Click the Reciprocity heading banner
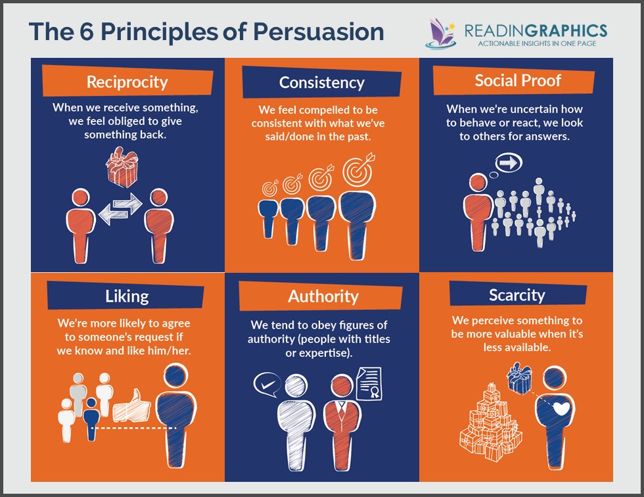[x=127, y=82]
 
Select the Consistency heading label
[x=321, y=83]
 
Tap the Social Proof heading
[x=517, y=80]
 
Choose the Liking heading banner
[x=127, y=296]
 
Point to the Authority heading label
[x=323, y=296]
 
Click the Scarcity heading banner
[x=517, y=295]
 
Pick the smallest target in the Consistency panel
[x=269, y=187]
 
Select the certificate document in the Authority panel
[x=368, y=383]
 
